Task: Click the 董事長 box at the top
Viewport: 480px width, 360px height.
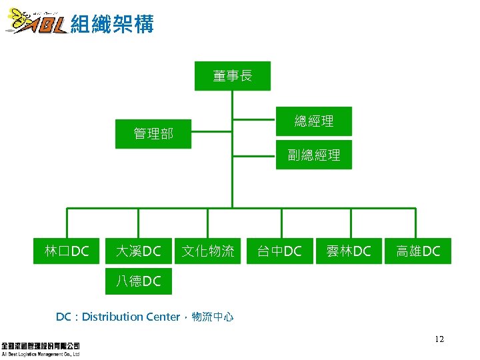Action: (x=233, y=76)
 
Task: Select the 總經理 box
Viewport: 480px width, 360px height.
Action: (x=314, y=121)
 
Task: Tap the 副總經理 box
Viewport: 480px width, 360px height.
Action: (x=314, y=155)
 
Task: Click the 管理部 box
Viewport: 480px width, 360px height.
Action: (x=153, y=133)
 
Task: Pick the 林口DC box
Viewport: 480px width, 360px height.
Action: (x=67, y=251)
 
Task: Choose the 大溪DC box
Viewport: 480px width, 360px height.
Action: (x=138, y=251)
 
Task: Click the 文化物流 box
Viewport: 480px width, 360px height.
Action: (x=208, y=251)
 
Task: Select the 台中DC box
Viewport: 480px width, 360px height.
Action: (x=280, y=251)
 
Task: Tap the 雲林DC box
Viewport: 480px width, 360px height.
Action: (x=349, y=251)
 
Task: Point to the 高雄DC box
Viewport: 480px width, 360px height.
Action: (x=418, y=251)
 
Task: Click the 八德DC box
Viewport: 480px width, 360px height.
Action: (x=138, y=281)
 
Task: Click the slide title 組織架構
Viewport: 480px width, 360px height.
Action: (x=112, y=25)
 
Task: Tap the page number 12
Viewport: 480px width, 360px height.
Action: (x=439, y=339)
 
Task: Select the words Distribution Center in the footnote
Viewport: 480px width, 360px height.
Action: (x=131, y=317)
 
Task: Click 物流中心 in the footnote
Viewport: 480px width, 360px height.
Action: (x=213, y=317)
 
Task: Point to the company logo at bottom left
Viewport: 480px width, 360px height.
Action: (x=41, y=349)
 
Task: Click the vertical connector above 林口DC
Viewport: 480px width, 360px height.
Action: (x=67, y=223)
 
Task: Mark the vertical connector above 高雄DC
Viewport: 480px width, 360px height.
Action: (x=418, y=223)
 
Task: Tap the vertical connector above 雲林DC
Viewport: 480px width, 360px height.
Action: (x=350, y=223)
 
